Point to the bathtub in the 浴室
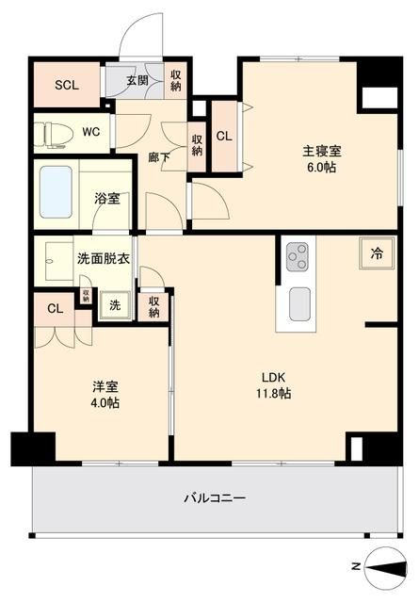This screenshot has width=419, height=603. [56, 191]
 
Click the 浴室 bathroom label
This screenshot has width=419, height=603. [106, 199]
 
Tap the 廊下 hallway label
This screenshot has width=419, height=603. [159, 157]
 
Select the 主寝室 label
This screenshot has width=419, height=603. [321, 151]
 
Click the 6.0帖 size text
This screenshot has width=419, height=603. [321, 168]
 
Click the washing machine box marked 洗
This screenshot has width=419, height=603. [114, 304]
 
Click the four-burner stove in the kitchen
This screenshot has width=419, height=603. [298, 254]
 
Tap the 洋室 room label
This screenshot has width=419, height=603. [105, 386]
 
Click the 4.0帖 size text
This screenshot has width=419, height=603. [105, 403]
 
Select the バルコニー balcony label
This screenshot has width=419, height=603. [215, 497]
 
